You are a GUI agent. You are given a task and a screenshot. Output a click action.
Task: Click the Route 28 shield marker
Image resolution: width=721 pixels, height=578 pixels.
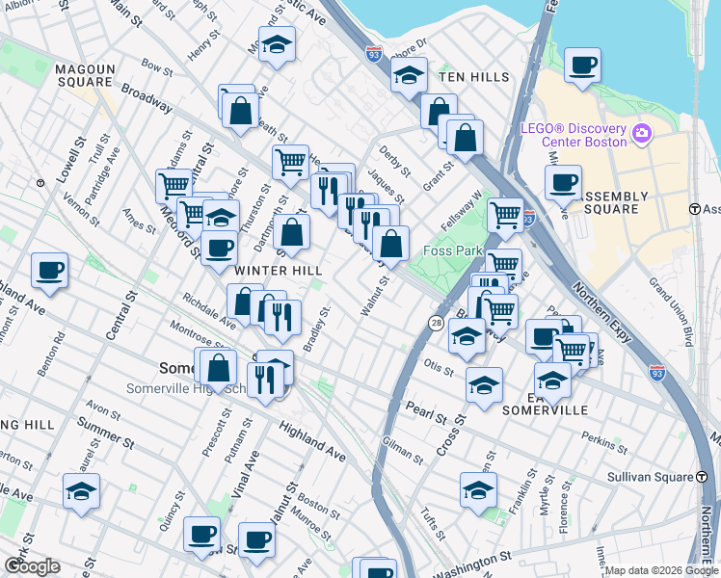(437, 322)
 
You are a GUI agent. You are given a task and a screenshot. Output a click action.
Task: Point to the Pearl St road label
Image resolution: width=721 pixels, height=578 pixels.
(426, 413)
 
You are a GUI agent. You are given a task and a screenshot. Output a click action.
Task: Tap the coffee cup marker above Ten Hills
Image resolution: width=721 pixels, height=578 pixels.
(582, 66)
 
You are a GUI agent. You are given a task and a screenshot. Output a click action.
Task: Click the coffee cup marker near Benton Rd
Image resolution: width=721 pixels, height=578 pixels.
(49, 271)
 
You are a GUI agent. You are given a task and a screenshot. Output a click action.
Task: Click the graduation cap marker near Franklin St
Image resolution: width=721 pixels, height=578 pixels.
(478, 490)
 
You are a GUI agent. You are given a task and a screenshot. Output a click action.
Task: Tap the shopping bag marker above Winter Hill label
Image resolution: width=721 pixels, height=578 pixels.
(291, 232)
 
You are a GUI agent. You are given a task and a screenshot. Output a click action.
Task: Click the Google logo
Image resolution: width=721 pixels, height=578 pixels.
(33, 566)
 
